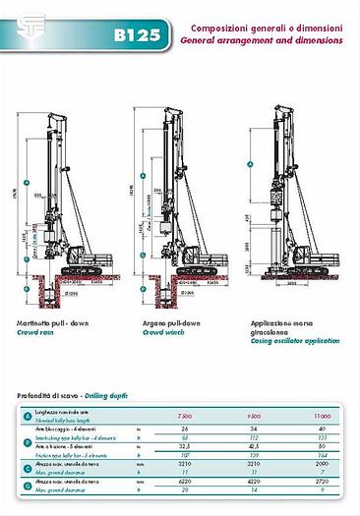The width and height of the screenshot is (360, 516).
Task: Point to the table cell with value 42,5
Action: [254, 446]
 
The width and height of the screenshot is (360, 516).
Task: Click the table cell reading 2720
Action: [324, 482]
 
